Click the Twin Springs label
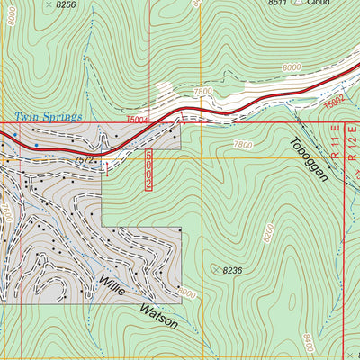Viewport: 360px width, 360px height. pyautogui.click(x=48, y=117)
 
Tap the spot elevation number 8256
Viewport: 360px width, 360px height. pyautogui.click(x=66, y=4)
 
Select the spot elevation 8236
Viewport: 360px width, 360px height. pyautogui.click(x=233, y=270)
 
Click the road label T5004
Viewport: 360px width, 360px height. pyautogui.click(x=137, y=119)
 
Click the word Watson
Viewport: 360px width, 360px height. pyautogui.click(x=158, y=316)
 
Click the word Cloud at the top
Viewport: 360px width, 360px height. pyautogui.click(x=319, y=3)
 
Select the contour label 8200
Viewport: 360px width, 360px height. pyautogui.click(x=268, y=234)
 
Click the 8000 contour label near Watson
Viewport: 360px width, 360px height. pyautogui.click(x=186, y=293)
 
